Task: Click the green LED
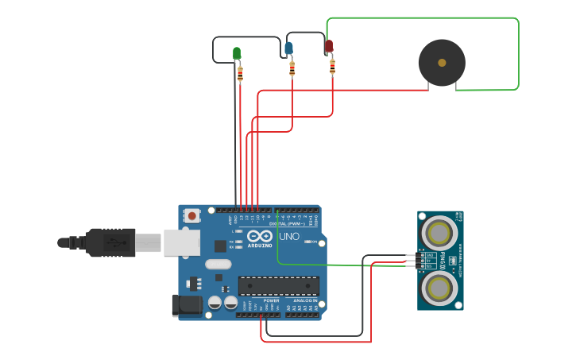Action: point(237,53)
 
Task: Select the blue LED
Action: point(288,48)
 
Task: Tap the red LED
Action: point(329,46)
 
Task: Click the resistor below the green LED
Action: point(240,74)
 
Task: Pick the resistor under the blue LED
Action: point(292,68)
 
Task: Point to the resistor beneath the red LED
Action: point(332,66)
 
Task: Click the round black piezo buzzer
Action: point(442,62)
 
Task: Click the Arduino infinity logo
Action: point(260,236)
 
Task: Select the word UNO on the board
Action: point(289,236)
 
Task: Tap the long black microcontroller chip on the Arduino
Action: point(279,286)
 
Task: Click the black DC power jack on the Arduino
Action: point(187,304)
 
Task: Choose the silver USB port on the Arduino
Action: point(181,242)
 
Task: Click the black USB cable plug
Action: point(111,242)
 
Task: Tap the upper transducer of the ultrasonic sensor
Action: point(439,233)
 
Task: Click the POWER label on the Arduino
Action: point(271,300)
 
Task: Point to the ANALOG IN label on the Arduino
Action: point(304,300)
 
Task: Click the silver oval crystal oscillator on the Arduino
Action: point(218,264)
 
